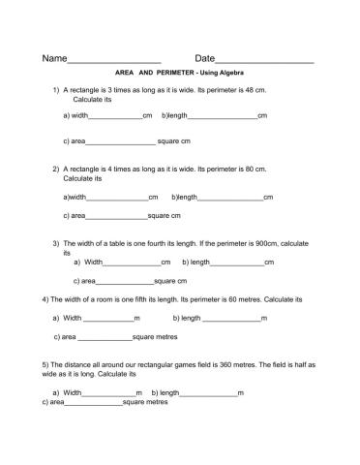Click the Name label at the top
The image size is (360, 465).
54,59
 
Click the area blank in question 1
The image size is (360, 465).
120,142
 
